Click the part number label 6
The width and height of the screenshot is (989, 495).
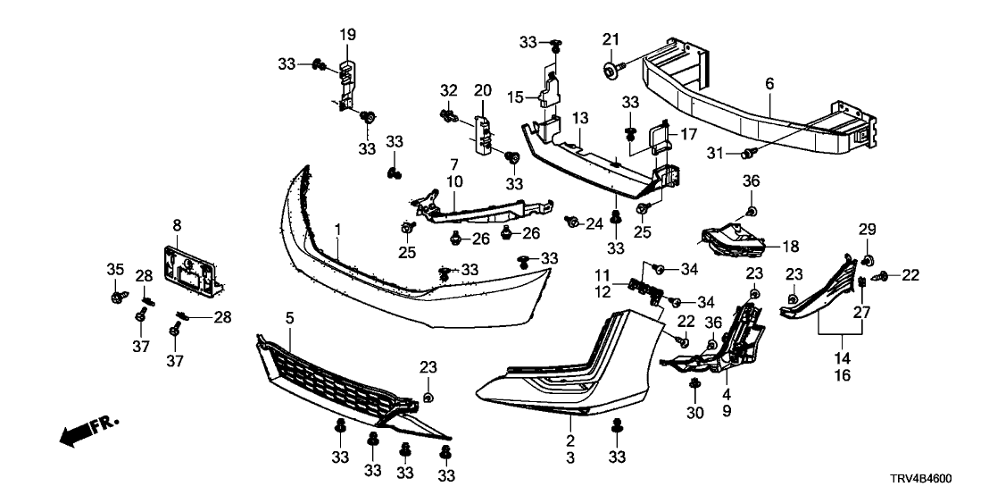pyautogui.click(x=769, y=84)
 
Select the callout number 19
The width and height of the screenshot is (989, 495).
pyautogui.click(x=347, y=35)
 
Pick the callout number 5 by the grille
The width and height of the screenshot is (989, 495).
pyautogui.click(x=290, y=318)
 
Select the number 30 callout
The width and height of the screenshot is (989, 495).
pyautogui.click(x=694, y=413)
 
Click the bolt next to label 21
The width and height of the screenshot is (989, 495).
pyautogui.click(x=610, y=66)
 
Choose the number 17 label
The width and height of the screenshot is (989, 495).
pyautogui.click(x=688, y=135)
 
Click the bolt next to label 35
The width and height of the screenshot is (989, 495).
pyautogui.click(x=117, y=295)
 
